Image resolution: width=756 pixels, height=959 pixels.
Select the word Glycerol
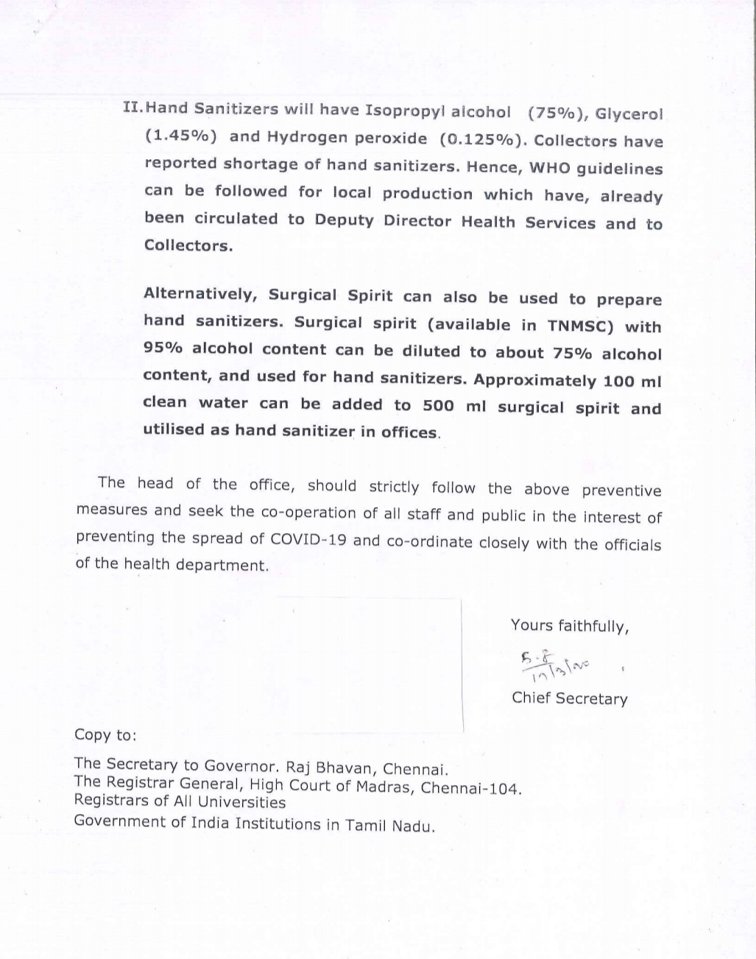click(x=629, y=115)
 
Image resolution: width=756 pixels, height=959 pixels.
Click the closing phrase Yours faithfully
click(x=569, y=626)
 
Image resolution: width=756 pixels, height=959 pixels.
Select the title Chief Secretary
click(x=570, y=698)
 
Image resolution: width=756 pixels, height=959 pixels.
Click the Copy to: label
click(x=105, y=734)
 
